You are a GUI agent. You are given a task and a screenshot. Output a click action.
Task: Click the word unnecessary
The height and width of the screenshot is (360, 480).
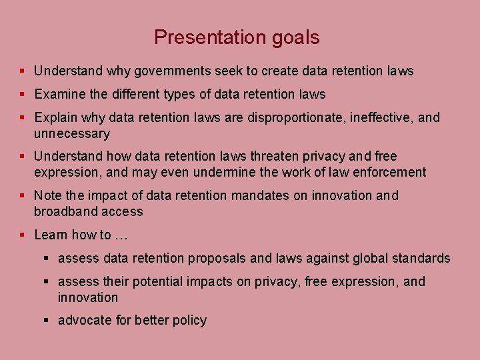72,134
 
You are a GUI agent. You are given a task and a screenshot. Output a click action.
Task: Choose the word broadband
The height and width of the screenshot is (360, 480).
64,212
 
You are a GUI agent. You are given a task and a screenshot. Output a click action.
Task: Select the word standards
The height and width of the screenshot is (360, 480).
419,258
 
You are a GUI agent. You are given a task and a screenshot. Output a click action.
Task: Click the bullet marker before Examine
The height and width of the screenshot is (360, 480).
23,95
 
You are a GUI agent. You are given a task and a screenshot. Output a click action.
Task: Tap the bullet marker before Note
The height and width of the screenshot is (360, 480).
23,196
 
